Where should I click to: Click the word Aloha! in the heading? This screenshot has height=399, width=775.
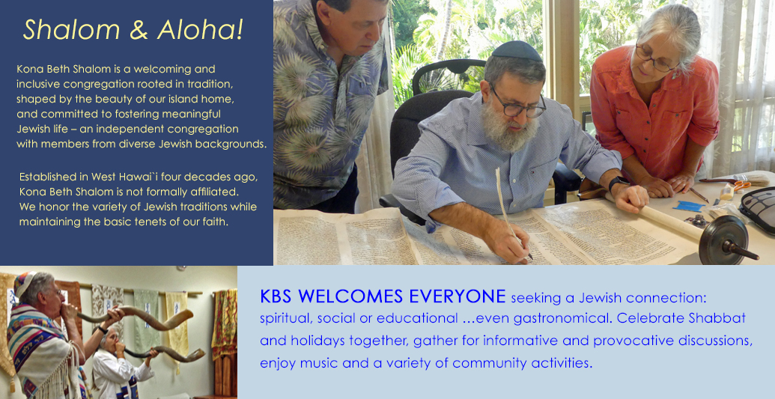[x=200, y=30]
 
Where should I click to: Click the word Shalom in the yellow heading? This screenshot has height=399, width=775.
[x=72, y=30]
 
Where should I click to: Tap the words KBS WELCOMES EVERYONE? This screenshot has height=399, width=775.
[x=383, y=296]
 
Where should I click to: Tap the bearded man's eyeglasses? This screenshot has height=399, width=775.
[x=517, y=104]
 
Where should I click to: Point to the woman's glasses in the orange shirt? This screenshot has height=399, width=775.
[x=655, y=59]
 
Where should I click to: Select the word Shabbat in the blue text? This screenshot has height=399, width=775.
[x=717, y=318]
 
